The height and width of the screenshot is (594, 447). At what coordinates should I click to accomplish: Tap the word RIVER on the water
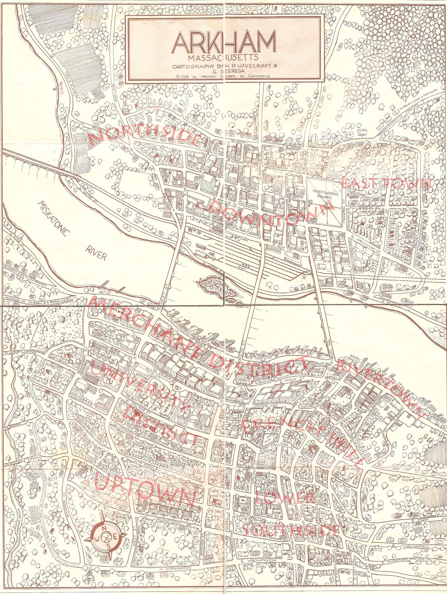pos(96,252)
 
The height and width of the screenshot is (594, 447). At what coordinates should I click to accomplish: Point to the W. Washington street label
pos(174,568)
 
